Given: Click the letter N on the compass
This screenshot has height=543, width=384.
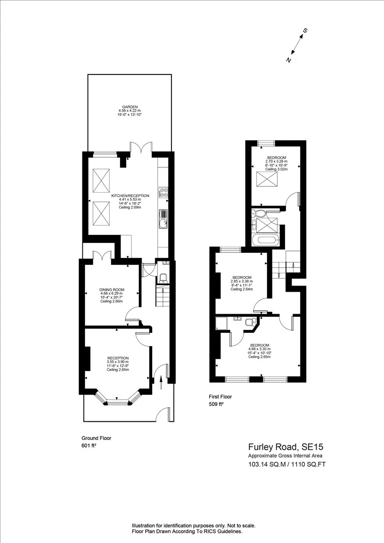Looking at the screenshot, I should (289, 60).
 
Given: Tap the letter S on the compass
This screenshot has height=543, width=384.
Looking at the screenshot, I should (305, 31).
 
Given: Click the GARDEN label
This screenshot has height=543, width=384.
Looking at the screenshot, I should (130, 107).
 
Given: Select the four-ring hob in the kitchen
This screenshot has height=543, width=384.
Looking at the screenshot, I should (163, 192).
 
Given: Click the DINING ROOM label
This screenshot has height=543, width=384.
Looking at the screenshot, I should (112, 290).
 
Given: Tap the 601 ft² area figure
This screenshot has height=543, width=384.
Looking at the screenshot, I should (89, 445).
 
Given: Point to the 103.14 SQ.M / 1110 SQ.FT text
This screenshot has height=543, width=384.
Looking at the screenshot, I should (286, 465).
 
